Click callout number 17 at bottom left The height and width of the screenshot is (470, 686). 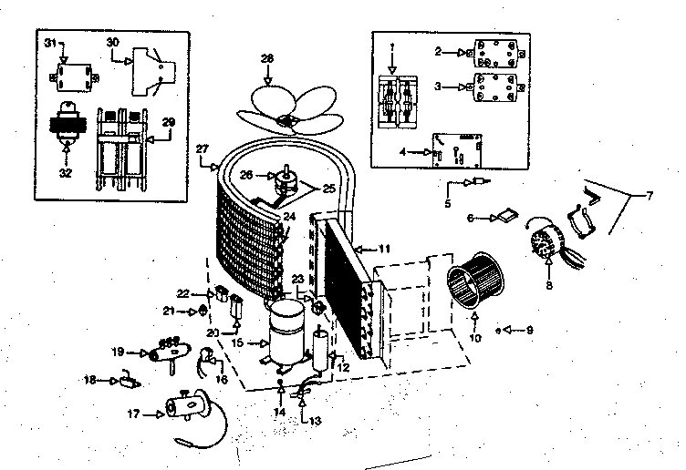[132, 414]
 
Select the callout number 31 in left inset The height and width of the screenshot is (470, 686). [50, 44]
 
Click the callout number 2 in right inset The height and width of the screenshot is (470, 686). [439, 52]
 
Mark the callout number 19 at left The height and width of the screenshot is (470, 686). [118, 352]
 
